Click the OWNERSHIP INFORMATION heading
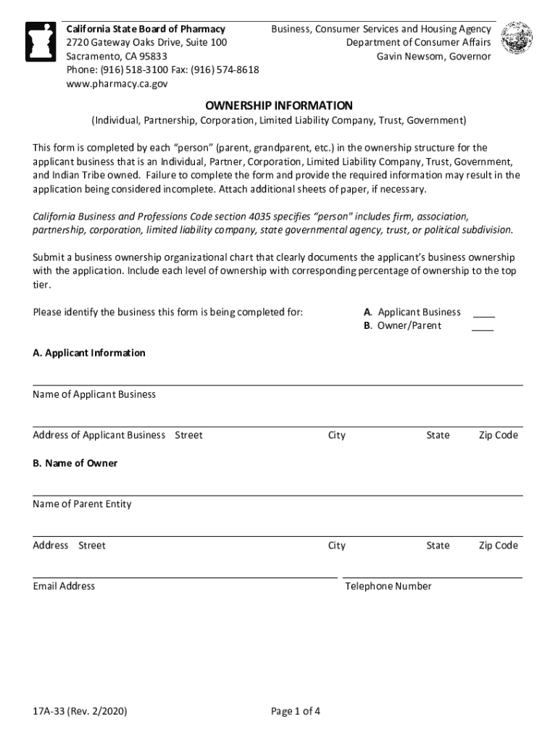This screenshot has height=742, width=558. [x=278, y=105]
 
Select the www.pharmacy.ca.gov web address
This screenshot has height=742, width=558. [x=117, y=84]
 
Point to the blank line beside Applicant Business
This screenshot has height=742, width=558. [x=483, y=314]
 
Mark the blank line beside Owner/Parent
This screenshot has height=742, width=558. [x=483, y=328]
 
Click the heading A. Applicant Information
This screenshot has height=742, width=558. [x=89, y=353]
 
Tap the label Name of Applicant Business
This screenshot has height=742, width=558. [x=94, y=394]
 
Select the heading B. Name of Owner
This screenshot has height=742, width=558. [x=75, y=463]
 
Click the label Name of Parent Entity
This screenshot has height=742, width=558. [x=82, y=504]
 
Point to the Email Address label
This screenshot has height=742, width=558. [x=64, y=585]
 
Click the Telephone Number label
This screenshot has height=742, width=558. [x=388, y=585]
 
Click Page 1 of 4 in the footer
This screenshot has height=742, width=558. [x=296, y=712]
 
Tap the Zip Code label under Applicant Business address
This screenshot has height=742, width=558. [x=498, y=435]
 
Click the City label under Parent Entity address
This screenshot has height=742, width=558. [x=336, y=545]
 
